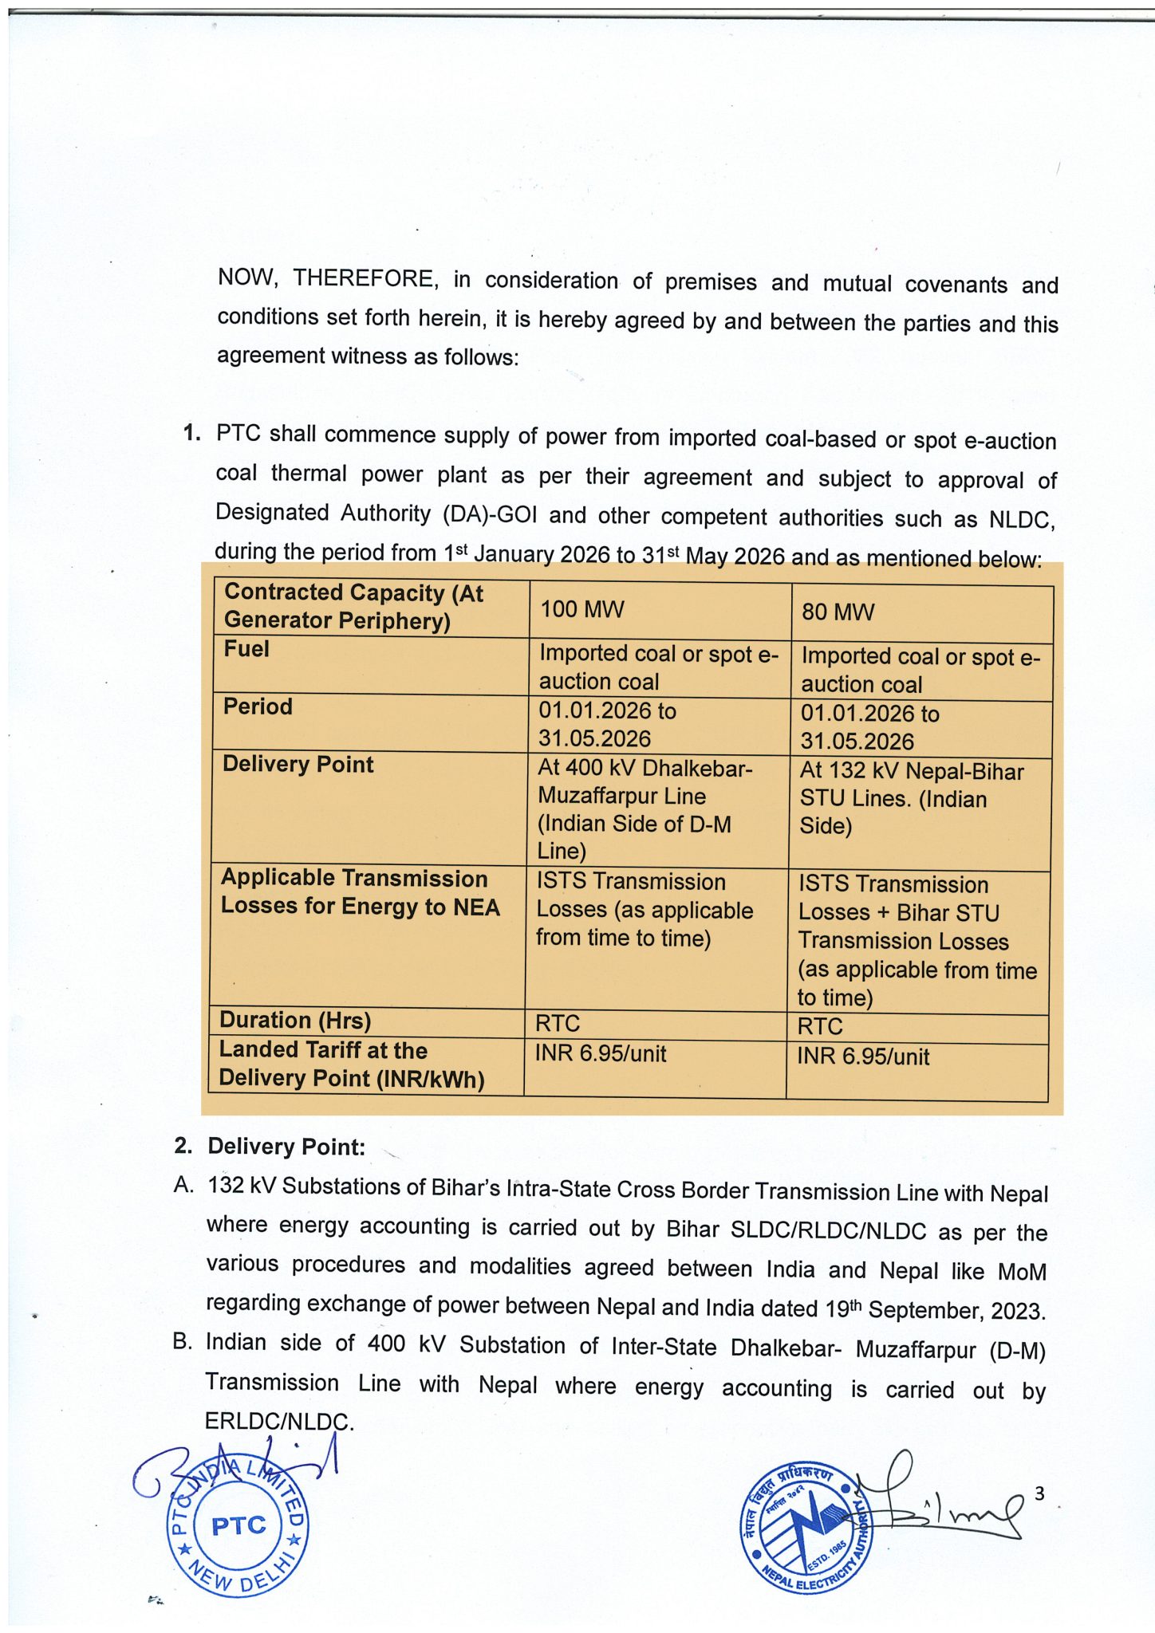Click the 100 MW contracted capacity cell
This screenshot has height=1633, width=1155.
point(582,610)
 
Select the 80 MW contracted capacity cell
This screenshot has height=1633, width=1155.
point(838,612)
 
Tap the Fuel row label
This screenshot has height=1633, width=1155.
point(246,649)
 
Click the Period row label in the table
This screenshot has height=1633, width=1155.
point(258,706)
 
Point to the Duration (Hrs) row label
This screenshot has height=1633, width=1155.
point(295,1020)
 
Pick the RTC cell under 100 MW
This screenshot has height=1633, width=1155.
point(558,1023)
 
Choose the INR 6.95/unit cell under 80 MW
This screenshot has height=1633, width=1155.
point(863,1057)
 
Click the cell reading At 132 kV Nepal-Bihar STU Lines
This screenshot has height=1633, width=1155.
point(911,798)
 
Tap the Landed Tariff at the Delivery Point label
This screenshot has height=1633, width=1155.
point(351,1064)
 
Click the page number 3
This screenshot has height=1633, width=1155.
point(1039,1493)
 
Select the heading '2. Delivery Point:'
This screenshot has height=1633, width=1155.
point(270,1147)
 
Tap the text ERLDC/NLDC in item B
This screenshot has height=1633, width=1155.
point(278,1421)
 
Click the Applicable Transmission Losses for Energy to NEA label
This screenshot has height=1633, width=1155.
point(360,892)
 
